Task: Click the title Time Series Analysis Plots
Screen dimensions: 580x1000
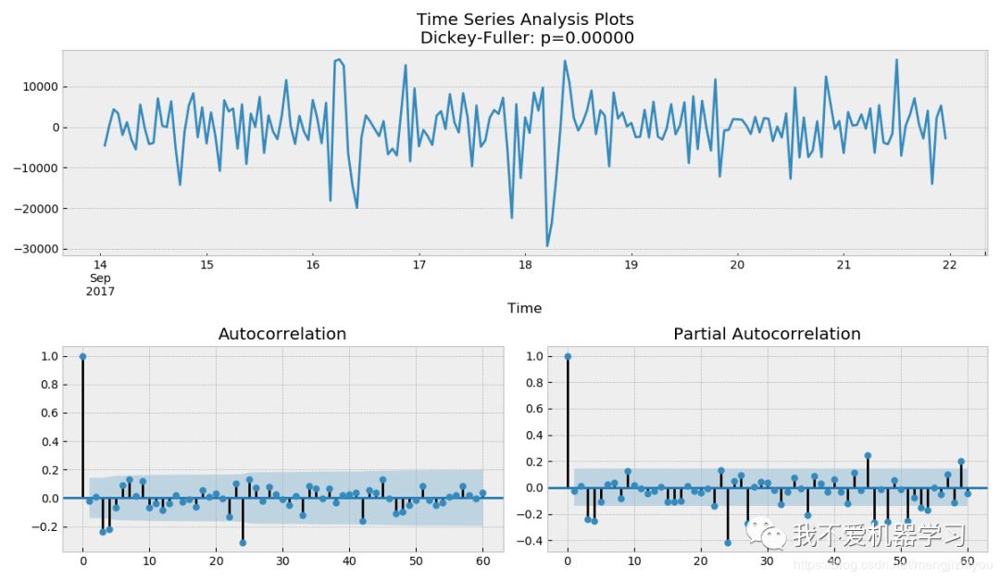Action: (x=525, y=19)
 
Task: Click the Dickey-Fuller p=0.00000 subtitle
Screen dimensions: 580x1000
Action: (x=525, y=38)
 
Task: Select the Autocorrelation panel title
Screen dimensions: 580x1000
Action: (x=281, y=334)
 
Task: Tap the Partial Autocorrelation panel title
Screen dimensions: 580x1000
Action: (x=767, y=334)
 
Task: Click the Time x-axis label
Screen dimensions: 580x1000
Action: (x=524, y=308)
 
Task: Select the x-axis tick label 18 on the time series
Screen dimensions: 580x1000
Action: (x=525, y=265)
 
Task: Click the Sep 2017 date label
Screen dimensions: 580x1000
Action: (x=100, y=284)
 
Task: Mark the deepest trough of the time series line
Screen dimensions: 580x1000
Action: (x=547, y=246)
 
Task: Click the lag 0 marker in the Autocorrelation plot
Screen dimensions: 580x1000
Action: (x=82, y=356)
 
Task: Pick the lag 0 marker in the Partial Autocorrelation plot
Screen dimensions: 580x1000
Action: (x=567, y=356)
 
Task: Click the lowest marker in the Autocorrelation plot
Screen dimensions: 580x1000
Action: (x=243, y=543)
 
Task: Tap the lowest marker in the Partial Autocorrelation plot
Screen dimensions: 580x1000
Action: (x=727, y=542)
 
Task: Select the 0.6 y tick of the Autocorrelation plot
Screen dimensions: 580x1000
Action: (x=46, y=413)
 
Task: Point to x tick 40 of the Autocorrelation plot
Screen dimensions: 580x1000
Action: (x=349, y=561)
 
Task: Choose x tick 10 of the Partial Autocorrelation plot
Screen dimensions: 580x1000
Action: (x=633, y=561)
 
